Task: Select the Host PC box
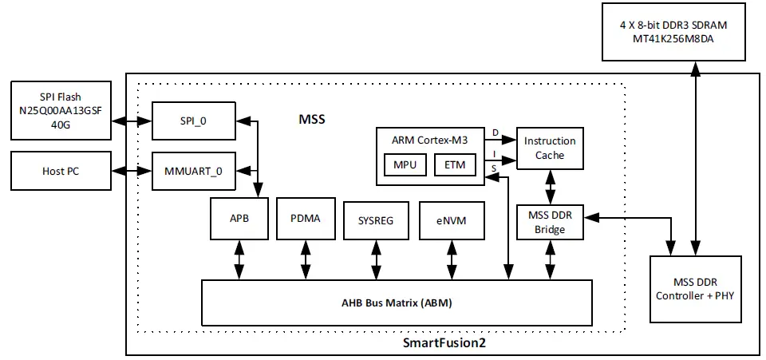coord(61,171)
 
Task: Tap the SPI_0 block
coord(194,121)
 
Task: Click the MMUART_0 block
coord(194,171)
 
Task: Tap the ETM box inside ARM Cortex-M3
coord(455,165)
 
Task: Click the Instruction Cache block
coord(549,148)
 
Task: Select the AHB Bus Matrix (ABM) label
coord(396,303)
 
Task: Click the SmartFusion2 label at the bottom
coord(444,343)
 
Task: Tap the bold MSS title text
coord(311,120)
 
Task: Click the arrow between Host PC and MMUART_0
coord(132,171)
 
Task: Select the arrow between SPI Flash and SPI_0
coord(132,121)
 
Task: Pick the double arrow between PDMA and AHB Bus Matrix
coord(306,259)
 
